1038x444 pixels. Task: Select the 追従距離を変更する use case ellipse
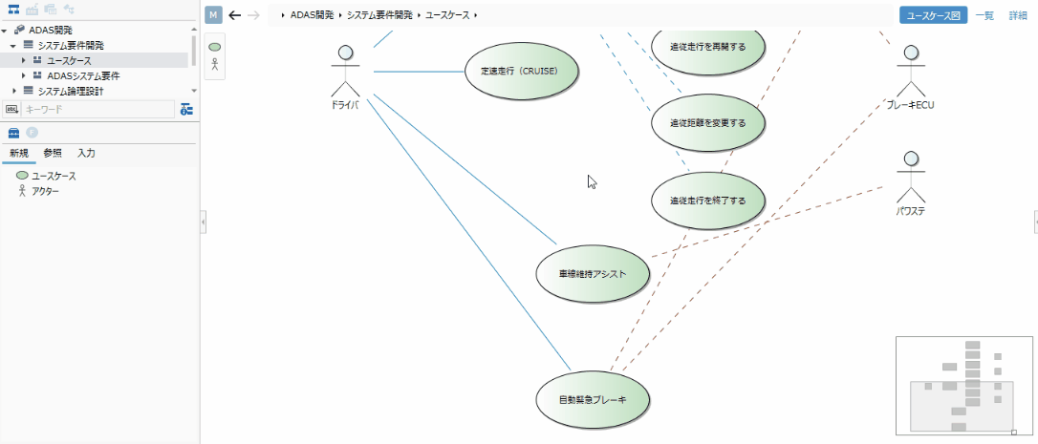tap(707, 123)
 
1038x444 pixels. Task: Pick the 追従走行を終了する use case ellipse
tap(707, 201)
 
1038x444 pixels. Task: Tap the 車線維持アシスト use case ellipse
tap(593, 273)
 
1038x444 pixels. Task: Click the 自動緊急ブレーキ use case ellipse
tap(593, 398)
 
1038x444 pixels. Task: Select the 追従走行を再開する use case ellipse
tap(707, 46)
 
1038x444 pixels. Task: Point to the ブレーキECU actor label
tap(909, 105)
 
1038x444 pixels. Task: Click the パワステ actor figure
tap(911, 174)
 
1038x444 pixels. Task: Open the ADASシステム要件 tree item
tap(83, 75)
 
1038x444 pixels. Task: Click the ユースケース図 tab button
tap(933, 15)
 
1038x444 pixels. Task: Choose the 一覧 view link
tap(984, 15)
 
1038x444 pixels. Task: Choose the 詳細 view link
tap(1018, 15)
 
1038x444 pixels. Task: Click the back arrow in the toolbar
tap(235, 15)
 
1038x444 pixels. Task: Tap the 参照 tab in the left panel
tap(53, 153)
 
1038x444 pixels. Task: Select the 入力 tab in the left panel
tap(86, 153)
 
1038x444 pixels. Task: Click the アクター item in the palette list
tap(46, 191)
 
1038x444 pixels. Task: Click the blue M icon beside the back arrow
tap(213, 15)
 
